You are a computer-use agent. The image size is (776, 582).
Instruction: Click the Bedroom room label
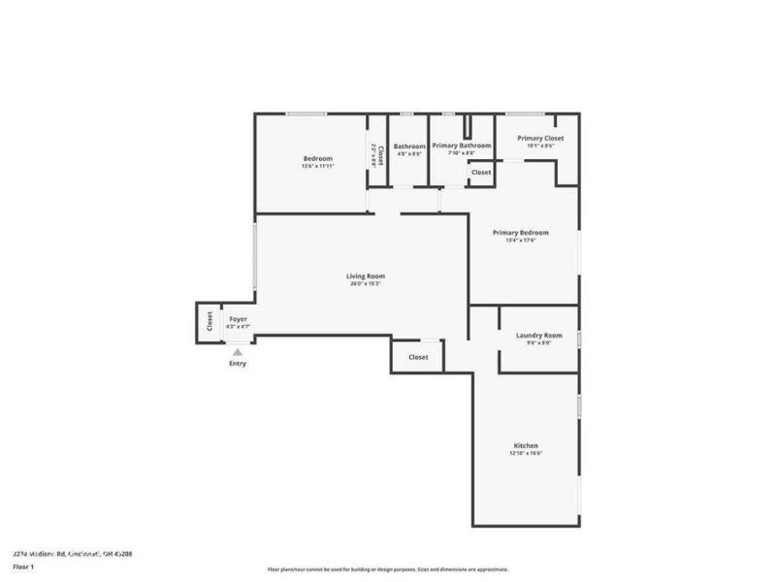[317, 158]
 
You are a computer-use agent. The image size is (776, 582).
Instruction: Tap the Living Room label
[366, 276]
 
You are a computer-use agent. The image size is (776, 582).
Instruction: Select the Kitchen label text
[524, 445]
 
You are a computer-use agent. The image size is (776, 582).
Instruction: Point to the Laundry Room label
[538, 335]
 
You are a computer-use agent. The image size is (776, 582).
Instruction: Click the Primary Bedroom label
[520, 233]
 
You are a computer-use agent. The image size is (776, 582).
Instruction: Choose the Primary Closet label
[539, 138]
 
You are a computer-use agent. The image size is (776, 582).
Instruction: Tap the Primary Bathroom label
[461, 145]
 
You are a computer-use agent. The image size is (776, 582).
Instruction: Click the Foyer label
[238, 319]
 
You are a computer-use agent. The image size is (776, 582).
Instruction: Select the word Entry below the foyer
[238, 364]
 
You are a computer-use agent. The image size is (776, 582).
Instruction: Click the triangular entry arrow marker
[238, 353]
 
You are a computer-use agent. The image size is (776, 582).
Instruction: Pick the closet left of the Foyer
[209, 322]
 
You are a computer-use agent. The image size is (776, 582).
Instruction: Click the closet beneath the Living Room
[418, 357]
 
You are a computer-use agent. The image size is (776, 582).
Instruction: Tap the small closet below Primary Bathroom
[481, 172]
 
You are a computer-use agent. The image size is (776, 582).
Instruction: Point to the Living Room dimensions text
[366, 284]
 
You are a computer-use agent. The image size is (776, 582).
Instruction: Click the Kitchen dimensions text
[524, 453]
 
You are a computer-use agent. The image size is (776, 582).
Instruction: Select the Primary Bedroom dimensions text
[520, 241]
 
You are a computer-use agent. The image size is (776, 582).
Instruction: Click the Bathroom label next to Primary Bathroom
[409, 145]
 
